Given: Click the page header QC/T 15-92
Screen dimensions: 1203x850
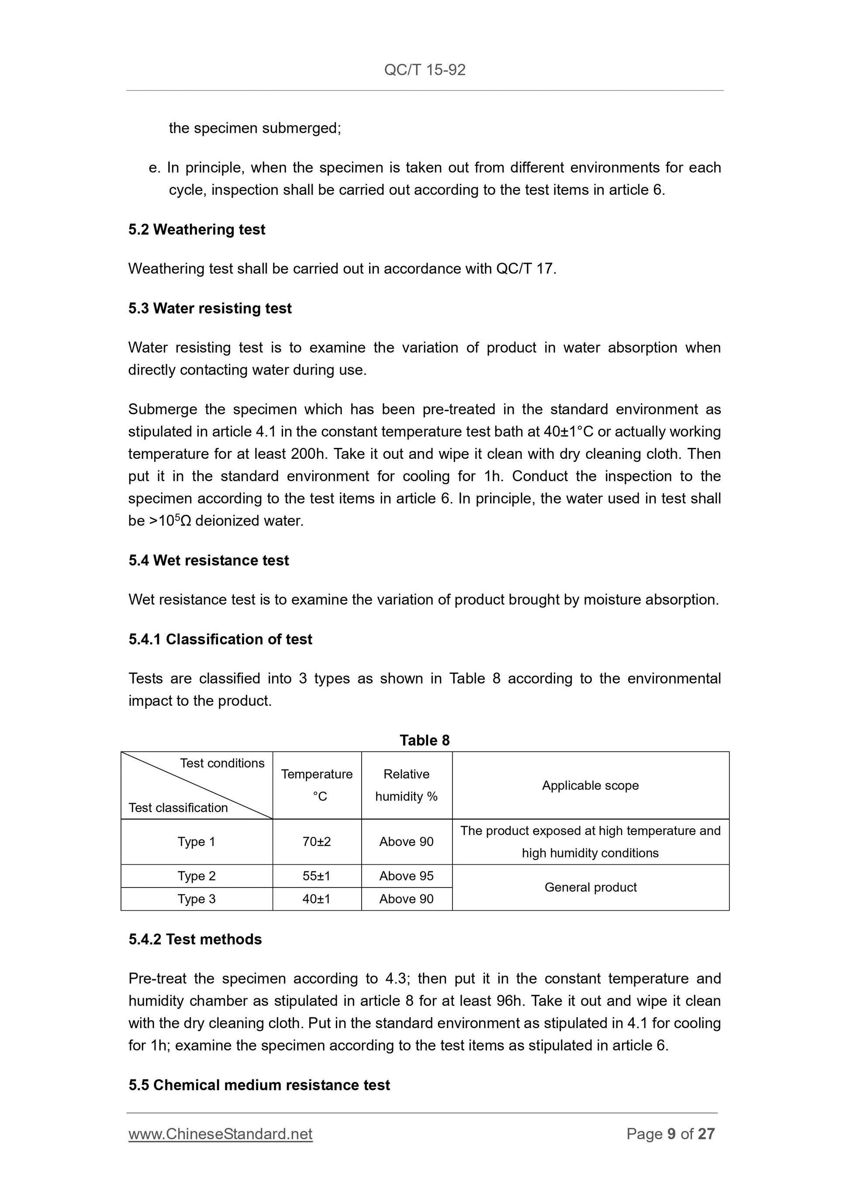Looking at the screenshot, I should (x=424, y=69).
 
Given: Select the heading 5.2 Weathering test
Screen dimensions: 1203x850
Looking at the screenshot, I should (x=197, y=229).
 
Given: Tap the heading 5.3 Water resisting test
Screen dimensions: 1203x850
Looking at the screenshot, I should (x=210, y=308).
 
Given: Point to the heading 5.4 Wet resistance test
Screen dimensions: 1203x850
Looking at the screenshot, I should (x=208, y=560).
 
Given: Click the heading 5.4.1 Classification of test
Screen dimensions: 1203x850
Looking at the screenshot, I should (x=220, y=639).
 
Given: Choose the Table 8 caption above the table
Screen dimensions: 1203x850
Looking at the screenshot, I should (x=424, y=740).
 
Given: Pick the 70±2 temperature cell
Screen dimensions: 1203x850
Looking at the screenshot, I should (x=317, y=842).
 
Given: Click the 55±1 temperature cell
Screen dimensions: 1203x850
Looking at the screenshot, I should (x=317, y=876).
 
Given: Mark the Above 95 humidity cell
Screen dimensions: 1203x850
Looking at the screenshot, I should (x=406, y=876).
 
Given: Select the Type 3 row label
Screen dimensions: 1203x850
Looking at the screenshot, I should (x=197, y=899).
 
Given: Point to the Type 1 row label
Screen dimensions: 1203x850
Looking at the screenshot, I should (x=197, y=842).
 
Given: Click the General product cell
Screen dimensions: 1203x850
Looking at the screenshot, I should (x=590, y=887).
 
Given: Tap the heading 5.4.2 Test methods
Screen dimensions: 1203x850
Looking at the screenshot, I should (x=195, y=939).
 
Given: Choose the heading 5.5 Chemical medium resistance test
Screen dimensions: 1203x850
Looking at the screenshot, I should (x=259, y=1085).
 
